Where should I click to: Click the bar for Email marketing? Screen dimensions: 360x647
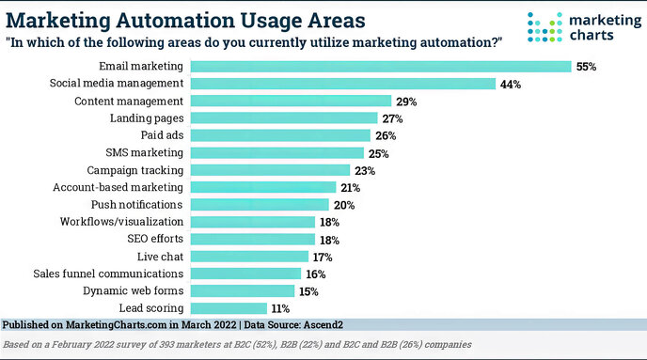[x=381, y=66]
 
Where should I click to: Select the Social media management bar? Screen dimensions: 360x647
[x=343, y=84]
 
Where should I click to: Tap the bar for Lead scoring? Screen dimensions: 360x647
[x=229, y=307]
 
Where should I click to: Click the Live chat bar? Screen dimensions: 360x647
[x=249, y=256]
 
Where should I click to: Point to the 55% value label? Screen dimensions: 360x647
[x=588, y=67]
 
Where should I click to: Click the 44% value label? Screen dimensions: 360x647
[x=512, y=84]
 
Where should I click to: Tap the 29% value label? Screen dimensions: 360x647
[x=407, y=101]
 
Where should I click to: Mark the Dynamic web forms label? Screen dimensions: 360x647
[x=134, y=290]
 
